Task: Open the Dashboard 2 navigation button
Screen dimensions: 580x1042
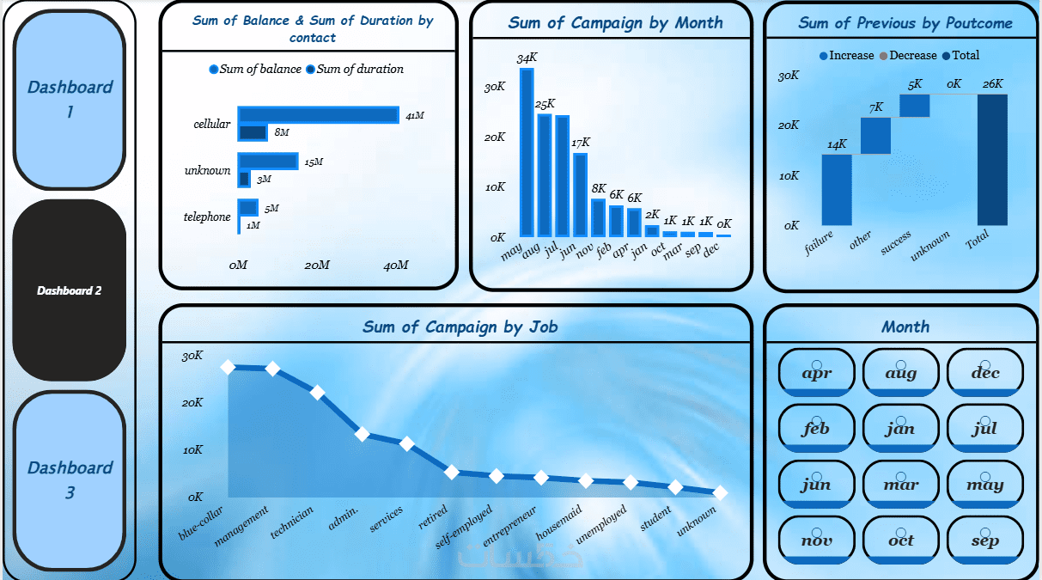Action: pyautogui.click(x=70, y=290)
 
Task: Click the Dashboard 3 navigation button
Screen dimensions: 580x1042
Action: pyautogui.click(x=70, y=479)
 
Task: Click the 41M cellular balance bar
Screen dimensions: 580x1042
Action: pyautogui.click(x=318, y=114)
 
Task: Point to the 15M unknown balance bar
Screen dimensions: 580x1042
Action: pyautogui.click(x=267, y=161)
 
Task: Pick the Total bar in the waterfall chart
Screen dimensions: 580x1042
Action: pyautogui.click(x=992, y=161)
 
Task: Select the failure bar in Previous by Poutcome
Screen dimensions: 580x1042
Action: pyautogui.click(x=837, y=192)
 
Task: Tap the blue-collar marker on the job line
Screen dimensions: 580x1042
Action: pyautogui.click(x=228, y=367)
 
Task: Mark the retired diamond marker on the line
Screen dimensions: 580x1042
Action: pyautogui.click(x=452, y=472)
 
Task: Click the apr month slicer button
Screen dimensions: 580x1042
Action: pyautogui.click(x=816, y=373)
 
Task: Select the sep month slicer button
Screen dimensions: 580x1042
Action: pyautogui.click(x=985, y=540)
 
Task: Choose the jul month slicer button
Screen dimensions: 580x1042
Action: pyautogui.click(x=985, y=428)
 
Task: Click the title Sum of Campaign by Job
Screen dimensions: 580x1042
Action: pyautogui.click(x=460, y=327)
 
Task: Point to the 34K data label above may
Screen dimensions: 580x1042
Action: pyautogui.click(x=527, y=58)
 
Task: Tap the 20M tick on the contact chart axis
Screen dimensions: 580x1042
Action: pyautogui.click(x=317, y=265)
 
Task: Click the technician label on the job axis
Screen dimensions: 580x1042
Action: pyautogui.click(x=292, y=522)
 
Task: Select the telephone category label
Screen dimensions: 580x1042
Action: pyautogui.click(x=207, y=217)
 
